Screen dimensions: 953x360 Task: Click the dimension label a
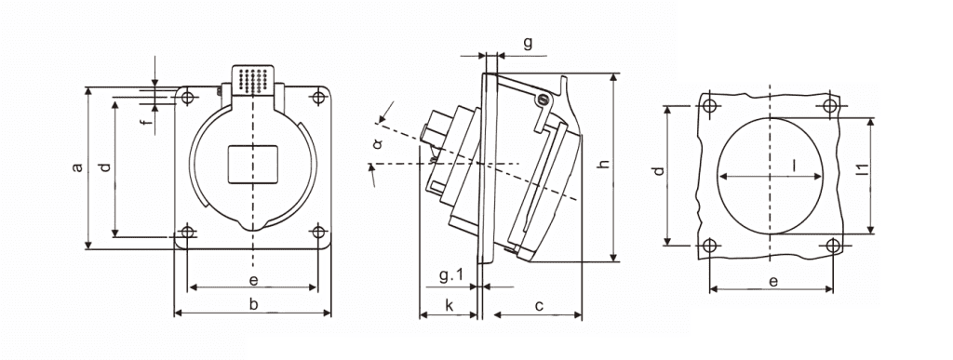point(77,167)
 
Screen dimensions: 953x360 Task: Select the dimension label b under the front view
point(253,304)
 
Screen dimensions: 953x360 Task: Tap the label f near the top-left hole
point(144,124)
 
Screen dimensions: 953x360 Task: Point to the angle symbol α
point(378,144)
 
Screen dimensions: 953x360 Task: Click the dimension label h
point(602,165)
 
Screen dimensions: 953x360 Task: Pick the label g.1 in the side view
point(451,276)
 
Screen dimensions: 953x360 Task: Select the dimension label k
point(450,305)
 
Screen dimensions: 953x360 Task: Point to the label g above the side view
point(528,43)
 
